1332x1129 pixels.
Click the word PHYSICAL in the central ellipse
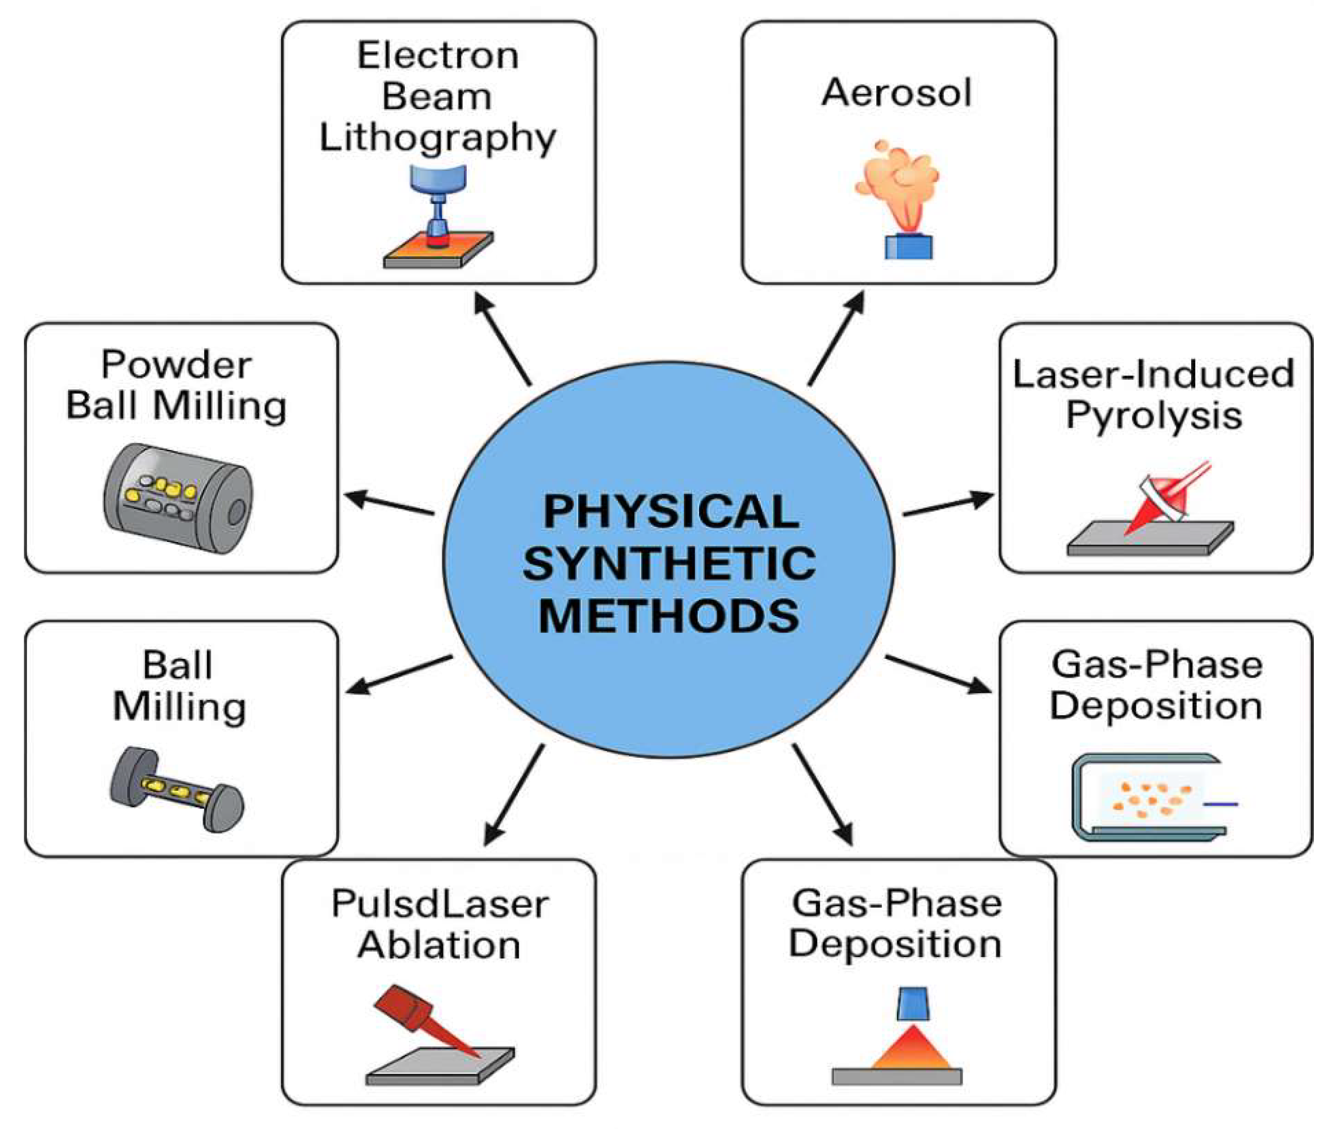(670, 512)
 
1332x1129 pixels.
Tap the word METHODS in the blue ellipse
(669, 616)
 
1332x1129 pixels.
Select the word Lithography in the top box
(438, 138)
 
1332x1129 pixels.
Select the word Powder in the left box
(176, 365)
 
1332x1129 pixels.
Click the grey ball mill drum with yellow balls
(178, 498)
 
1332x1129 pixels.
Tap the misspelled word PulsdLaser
(439, 904)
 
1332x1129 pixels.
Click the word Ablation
(439, 945)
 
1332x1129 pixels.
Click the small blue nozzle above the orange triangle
(914, 1004)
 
